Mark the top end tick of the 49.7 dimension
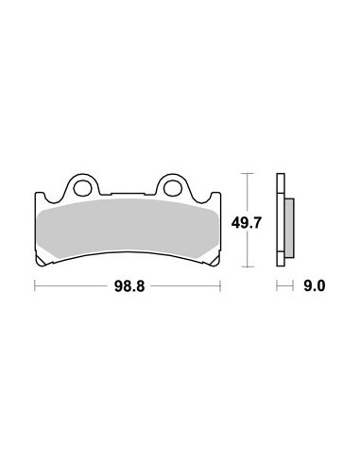pyautogui.click(x=249, y=173)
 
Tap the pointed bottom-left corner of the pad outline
pyautogui.click(x=39, y=264)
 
